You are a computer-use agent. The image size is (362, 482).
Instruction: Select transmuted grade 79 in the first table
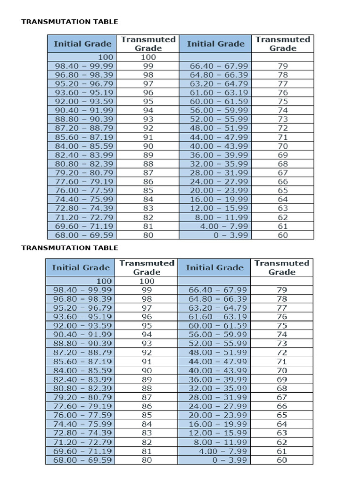[x=283, y=66]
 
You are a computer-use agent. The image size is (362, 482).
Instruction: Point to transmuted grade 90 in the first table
[x=148, y=146]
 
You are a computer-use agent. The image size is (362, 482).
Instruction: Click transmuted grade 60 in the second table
[x=282, y=460]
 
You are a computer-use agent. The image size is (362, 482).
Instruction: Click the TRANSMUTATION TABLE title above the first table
[x=70, y=22]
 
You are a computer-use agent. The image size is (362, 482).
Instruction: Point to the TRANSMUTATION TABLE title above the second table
[x=70, y=248]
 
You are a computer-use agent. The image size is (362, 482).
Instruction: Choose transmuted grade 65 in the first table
[x=283, y=191]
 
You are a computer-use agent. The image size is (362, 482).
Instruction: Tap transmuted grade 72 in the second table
[x=282, y=353]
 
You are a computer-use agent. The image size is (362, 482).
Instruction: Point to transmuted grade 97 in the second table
[x=147, y=308]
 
